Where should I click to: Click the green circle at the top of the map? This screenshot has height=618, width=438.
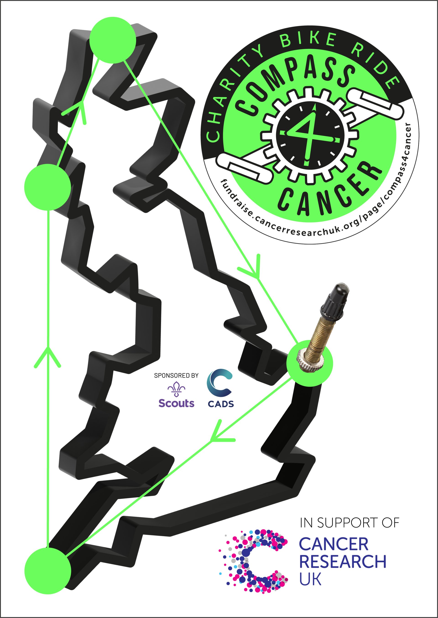[113, 40]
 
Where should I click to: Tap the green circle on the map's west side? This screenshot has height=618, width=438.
[48, 187]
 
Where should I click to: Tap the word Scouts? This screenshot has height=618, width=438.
[176, 403]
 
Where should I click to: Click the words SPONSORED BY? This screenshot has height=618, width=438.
[176, 375]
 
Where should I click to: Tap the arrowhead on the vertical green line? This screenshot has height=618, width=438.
[48, 357]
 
